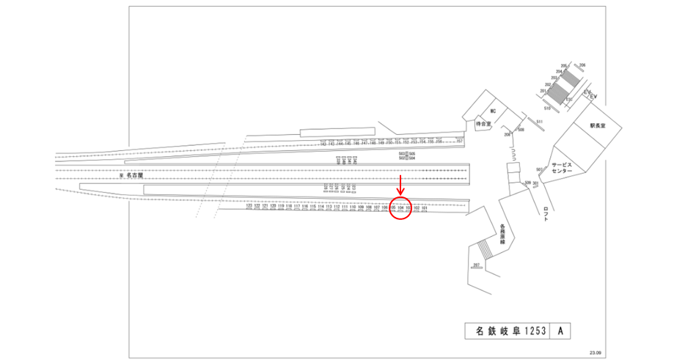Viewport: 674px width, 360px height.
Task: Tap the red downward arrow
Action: point(400,186)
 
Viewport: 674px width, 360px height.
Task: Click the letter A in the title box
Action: point(560,331)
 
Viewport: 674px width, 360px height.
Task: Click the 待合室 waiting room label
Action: point(482,125)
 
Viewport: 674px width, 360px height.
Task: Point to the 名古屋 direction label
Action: point(133,177)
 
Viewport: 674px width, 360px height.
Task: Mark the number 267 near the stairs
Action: point(476,264)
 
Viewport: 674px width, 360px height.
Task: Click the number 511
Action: point(538,121)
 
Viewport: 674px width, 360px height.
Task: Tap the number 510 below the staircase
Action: point(546,107)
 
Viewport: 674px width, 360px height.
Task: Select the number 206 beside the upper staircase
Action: point(583,66)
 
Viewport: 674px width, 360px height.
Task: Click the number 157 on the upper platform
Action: point(460,141)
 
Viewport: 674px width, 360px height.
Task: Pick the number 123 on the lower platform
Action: point(249,207)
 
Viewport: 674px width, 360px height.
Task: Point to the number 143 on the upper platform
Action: point(323,143)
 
